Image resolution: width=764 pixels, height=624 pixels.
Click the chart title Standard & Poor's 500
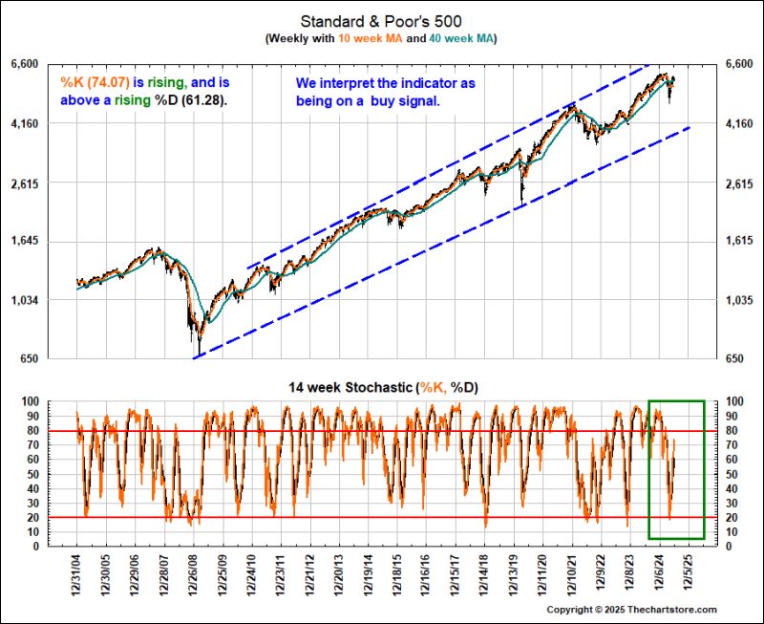[x=382, y=20]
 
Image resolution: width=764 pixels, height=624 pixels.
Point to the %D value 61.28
[x=203, y=98]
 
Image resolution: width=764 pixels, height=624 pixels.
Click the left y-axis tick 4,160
[x=50, y=123]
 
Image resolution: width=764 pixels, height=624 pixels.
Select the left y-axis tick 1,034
[x=50, y=301]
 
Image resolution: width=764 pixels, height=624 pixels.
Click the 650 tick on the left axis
[x=53, y=359]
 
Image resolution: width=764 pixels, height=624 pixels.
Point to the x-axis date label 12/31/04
[x=76, y=574]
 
